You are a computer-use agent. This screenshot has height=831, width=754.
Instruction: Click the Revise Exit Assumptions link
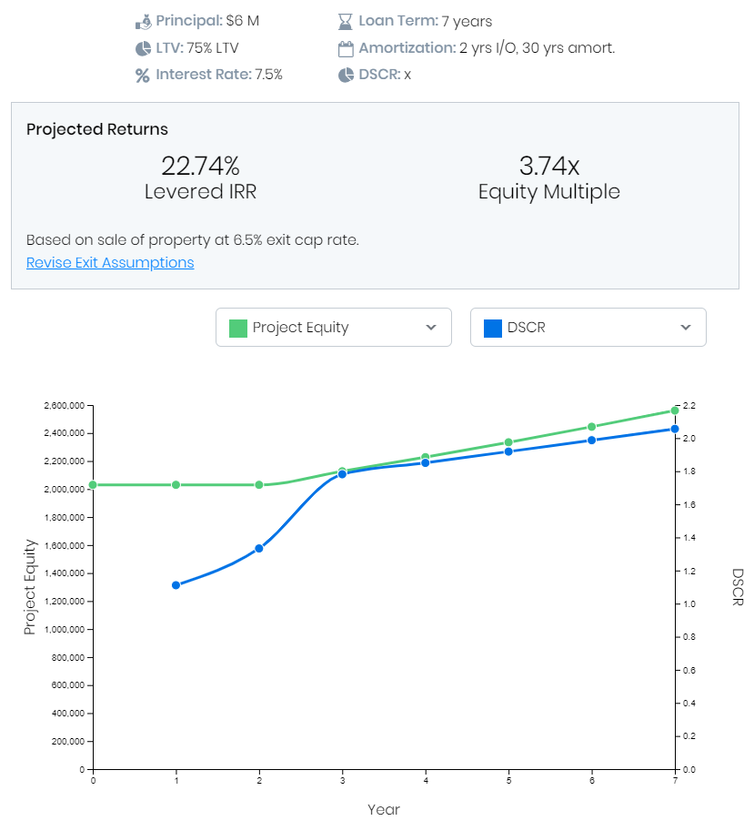pos(110,262)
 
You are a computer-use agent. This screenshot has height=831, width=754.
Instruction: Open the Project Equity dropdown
pos(333,328)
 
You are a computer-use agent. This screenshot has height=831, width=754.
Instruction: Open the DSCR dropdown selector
pos(588,328)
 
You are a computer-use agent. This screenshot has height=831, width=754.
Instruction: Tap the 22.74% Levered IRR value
pos(200,167)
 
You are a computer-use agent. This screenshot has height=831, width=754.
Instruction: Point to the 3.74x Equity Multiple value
pos(548,167)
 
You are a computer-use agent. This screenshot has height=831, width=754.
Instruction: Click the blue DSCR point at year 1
pos(176,585)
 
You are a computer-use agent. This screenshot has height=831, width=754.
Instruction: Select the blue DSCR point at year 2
pos(259,549)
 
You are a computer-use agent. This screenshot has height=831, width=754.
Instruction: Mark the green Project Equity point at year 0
pos(93,485)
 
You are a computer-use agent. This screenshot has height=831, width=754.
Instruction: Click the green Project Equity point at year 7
pos(675,410)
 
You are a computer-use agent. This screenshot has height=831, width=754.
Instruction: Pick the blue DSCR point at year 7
pos(675,429)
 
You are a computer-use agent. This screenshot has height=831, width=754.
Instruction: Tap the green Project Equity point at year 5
pos(508,442)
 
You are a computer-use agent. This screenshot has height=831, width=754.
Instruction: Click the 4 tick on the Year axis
pos(426,780)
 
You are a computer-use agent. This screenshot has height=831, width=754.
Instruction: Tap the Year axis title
pos(384,809)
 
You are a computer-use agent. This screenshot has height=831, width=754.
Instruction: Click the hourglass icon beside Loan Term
pos(345,21)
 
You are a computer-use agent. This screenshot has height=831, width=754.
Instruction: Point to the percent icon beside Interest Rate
pos(142,75)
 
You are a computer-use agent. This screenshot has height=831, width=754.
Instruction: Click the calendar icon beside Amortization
pos(345,48)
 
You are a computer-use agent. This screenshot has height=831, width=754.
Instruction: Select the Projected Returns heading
pos(97,129)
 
